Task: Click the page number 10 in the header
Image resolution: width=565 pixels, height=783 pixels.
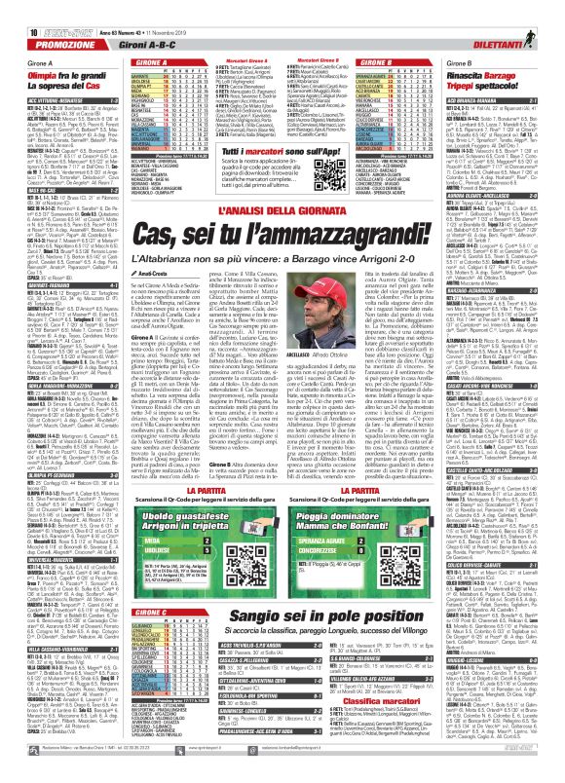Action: (8, 9)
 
